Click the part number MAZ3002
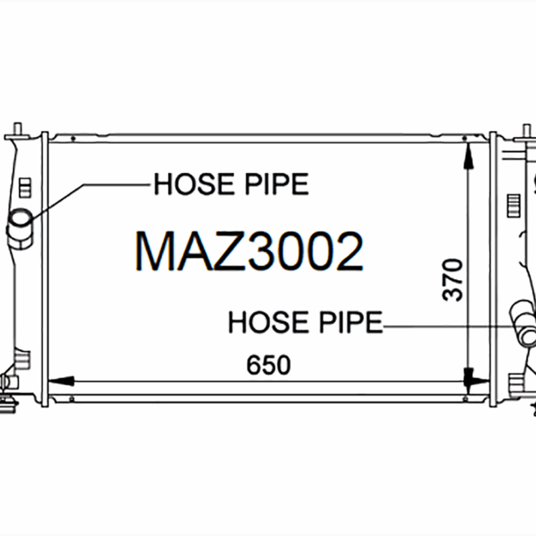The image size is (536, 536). pos(249,253)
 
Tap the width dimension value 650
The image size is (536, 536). pos(268,366)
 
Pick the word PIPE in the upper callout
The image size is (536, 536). pos(278,184)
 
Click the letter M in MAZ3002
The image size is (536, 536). pos(155,253)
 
